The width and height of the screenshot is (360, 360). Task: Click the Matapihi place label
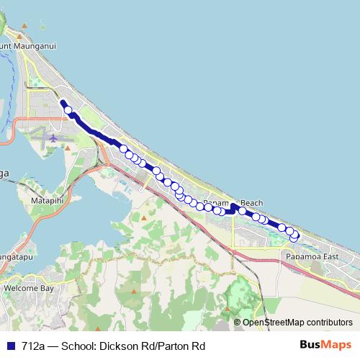pyautogui.click(x=49, y=194)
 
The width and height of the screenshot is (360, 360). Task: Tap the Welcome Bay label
pyautogui.click(x=28, y=287)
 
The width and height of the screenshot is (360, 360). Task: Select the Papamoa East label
pyautogui.click(x=311, y=256)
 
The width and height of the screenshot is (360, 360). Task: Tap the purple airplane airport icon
pyautogui.click(x=55, y=137)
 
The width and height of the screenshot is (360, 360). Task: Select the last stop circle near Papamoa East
pyautogui.click(x=294, y=237)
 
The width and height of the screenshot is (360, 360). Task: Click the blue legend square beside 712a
pyautogui.click(x=10, y=346)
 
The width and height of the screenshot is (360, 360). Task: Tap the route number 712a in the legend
pyautogui.click(x=34, y=346)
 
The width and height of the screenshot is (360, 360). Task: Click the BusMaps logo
pyautogui.click(x=326, y=346)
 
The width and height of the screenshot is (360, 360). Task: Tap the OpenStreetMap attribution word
pyautogui.click(x=274, y=323)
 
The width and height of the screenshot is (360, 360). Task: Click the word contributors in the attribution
pyautogui.click(x=330, y=323)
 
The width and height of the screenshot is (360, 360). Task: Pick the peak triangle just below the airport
pyautogui.click(x=66, y=149)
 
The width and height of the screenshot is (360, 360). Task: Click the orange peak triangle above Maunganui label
pyautogui.click(x=24, y=27)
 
